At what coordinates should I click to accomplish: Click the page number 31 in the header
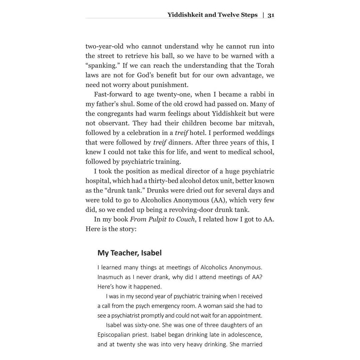(271, 15)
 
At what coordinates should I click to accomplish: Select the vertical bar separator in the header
(263, 15)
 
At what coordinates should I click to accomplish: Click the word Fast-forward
(111, 94)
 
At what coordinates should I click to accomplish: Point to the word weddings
(257, 133)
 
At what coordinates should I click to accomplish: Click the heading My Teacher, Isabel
(129, 253)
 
